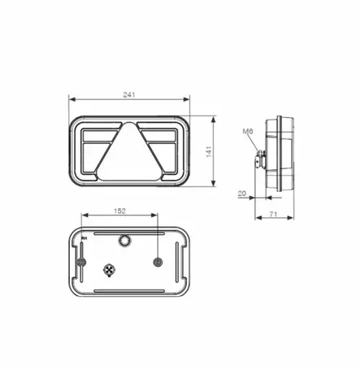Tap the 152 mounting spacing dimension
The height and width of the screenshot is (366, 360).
tap(119, 211)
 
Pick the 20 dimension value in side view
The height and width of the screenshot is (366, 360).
tap(242, 194)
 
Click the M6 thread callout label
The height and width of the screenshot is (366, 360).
tap(248, 133)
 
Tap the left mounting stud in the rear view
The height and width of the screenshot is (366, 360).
tap(83, 261)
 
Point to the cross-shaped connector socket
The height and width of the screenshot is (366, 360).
tap(110, 269)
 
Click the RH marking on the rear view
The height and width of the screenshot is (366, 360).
tap(85, 237)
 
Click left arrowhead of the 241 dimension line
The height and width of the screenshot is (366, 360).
tap(71, 101)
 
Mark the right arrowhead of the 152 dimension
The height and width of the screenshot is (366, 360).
tap(157, 216)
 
